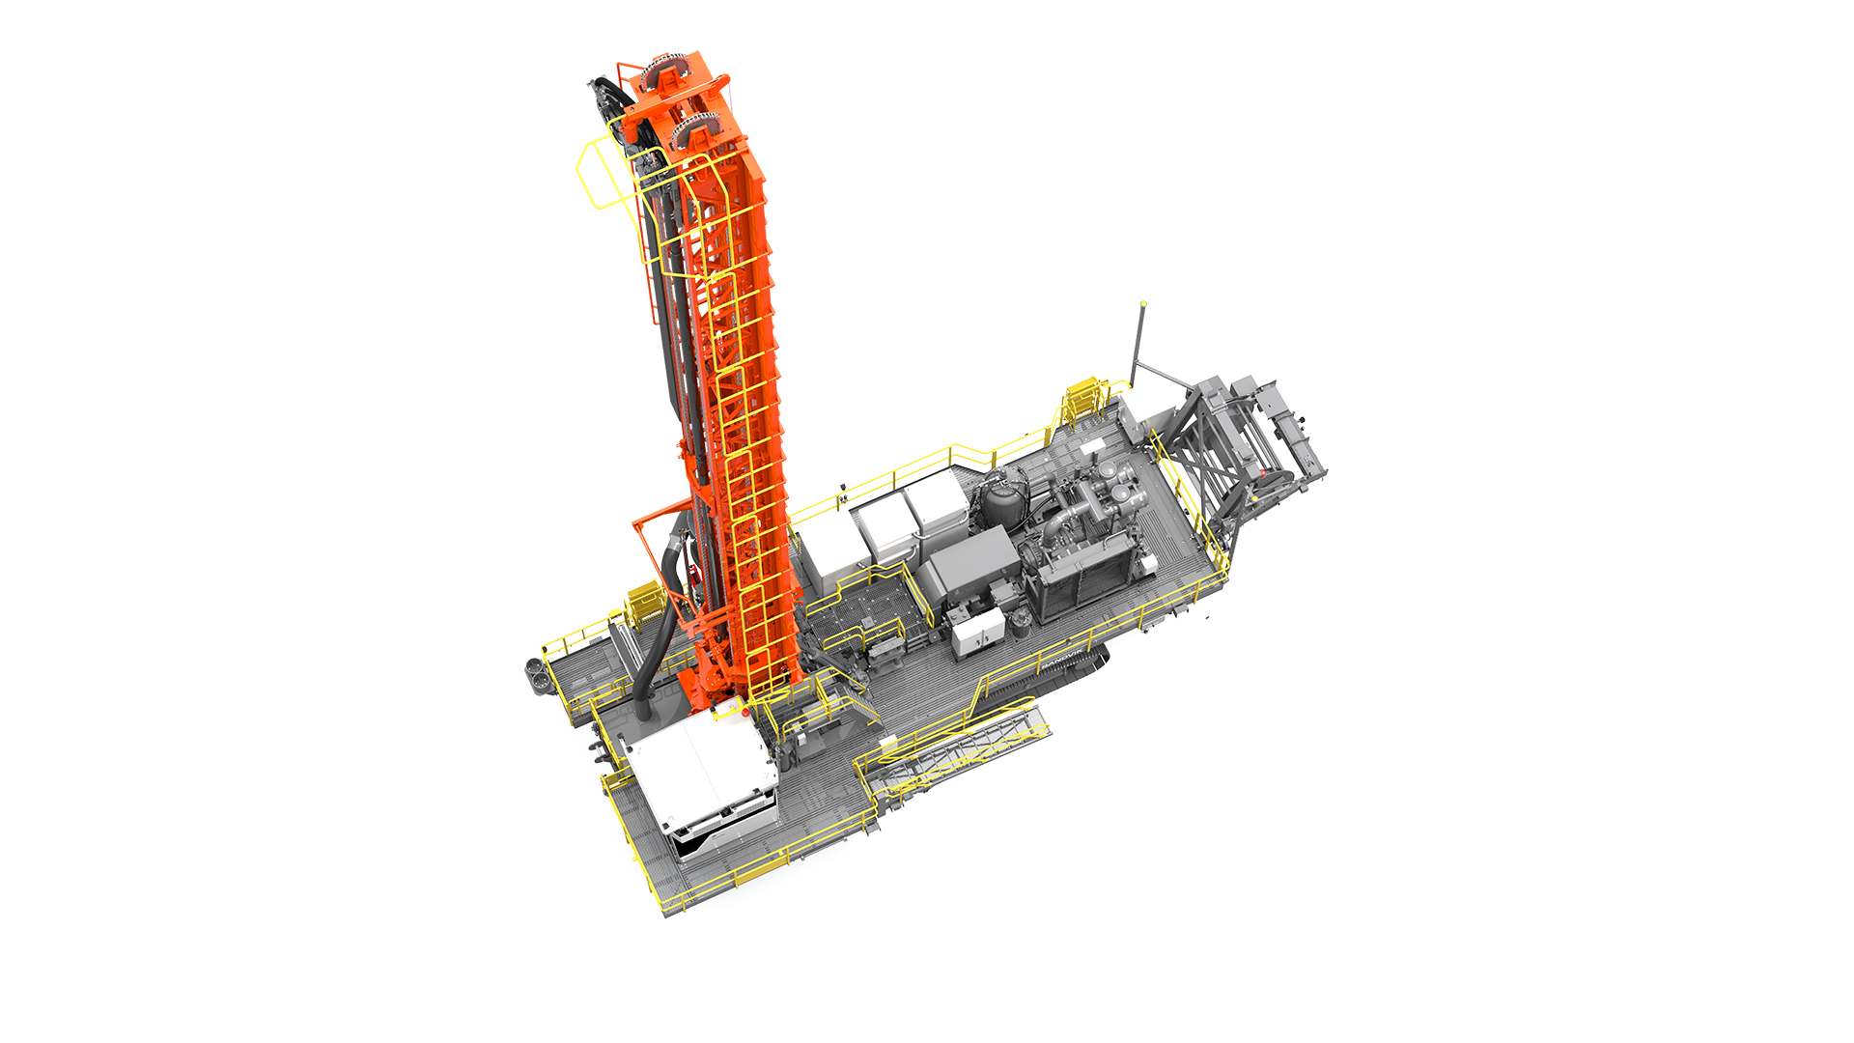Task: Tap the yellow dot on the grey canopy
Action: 1143,303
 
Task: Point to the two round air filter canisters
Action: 1120,483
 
